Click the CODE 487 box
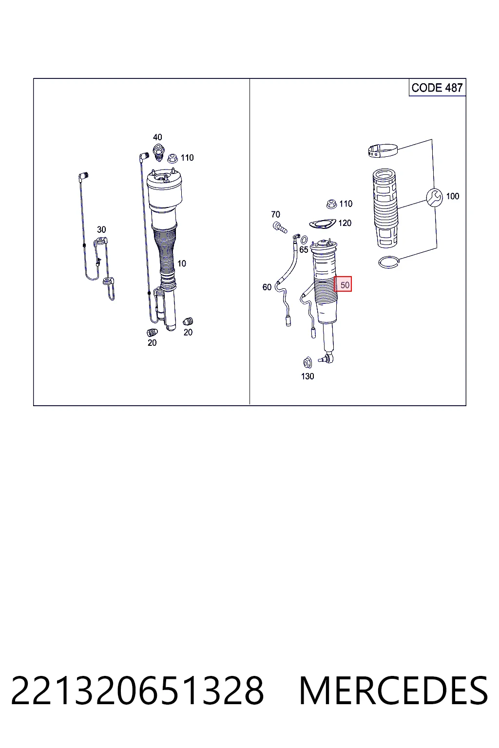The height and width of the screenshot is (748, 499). [x=437, y=88]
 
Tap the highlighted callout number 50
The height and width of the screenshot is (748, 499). [x=343, y=284]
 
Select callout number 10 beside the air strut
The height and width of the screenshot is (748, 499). [x=181, y=263]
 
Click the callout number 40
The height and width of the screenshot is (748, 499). [x=157, y=137]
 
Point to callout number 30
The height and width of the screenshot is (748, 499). [x=101, y=229]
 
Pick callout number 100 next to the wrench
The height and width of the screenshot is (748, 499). [x=453, y=196]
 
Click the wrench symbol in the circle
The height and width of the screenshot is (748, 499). [x=435, y=197]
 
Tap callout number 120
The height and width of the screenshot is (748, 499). [x=345, y=223]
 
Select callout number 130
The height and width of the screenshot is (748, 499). [x=307, y=376]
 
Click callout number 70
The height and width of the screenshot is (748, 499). [x=275, y=214]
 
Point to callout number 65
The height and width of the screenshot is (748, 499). [x=304, y=249]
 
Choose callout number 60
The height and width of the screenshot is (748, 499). [x=267, y=287]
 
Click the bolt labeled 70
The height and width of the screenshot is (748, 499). [x=280, y=227]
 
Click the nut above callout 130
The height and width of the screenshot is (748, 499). [x=307, y=363]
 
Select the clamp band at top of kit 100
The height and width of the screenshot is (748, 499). [x=383, y=150]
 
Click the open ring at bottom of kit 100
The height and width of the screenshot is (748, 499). [x=389, y=262]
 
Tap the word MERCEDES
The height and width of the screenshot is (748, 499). [x=393, y=691]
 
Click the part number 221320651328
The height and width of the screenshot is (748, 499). [x=137, y=691]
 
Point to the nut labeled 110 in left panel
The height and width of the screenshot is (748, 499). [x=173, y=158]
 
